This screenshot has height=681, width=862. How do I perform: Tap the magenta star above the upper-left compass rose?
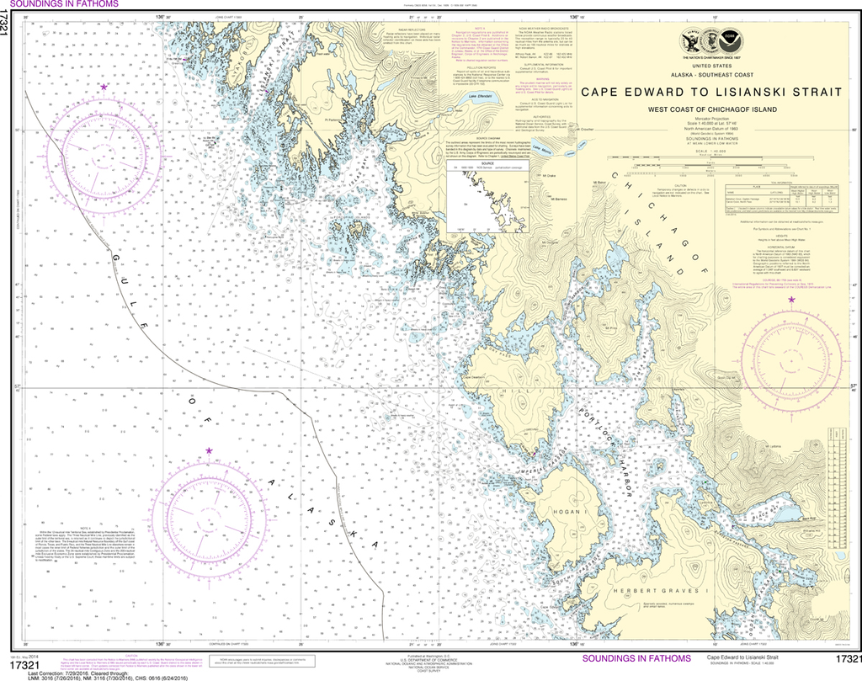click(104, 87)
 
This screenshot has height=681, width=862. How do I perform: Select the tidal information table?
click(775, 195)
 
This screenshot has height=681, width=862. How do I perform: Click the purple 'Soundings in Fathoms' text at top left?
click(59, 4)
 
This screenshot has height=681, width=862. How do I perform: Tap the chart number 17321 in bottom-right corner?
click(845, 658)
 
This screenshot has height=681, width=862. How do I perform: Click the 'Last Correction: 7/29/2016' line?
click(80, 674)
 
